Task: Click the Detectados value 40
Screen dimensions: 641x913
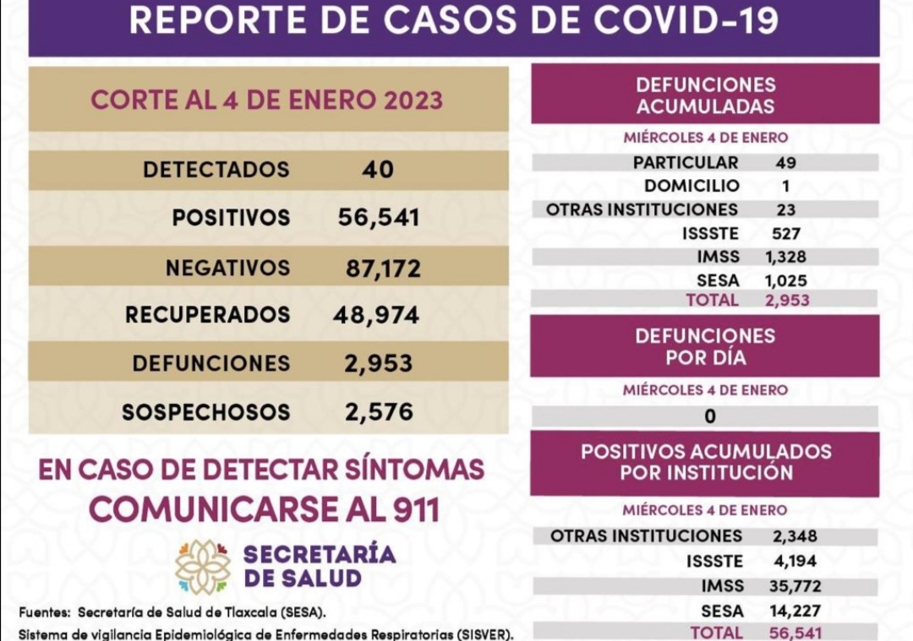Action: pos(377,170)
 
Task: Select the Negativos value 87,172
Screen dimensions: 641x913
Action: pos(383,269)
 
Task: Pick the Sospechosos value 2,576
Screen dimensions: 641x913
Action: pos(379,412)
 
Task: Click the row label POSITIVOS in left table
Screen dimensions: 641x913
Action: pos(231,218)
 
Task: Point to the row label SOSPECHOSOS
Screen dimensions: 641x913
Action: pos(205,412)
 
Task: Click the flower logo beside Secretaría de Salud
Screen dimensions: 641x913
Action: pos(203,567)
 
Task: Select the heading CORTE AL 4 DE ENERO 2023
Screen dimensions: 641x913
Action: pos(267,100)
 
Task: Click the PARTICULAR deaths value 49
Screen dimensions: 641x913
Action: pos(785,163)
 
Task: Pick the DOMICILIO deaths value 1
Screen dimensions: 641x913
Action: pos(785,187)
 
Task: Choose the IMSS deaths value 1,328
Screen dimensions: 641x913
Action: pos(785,258)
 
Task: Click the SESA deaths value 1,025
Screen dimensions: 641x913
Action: pos(786,280)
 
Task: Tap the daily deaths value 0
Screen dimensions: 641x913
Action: pos(710,416)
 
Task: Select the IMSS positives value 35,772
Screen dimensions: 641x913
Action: pos(796,586)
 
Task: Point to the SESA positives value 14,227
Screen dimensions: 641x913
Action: pos(795,611)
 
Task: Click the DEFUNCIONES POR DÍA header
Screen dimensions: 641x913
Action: pos(705,346)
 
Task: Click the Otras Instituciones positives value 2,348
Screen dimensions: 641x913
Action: pos(795,536)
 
